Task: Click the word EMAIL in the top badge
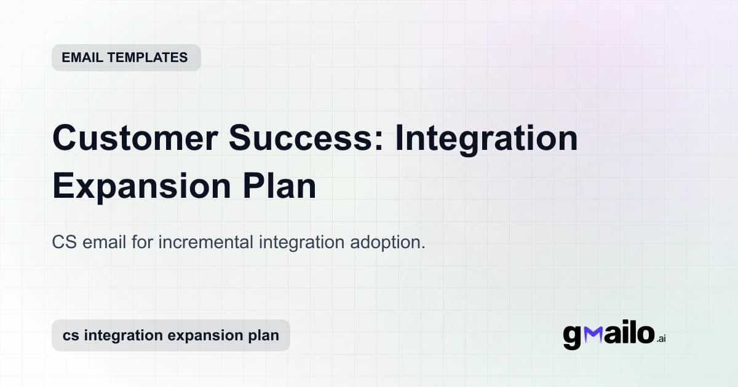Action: (81, 58)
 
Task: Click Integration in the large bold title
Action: (486, 138)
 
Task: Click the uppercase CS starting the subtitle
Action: (64, 242)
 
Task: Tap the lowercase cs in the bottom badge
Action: (69, 335)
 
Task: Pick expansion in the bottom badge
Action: (203, 335)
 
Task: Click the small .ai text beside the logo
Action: (661, 338)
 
